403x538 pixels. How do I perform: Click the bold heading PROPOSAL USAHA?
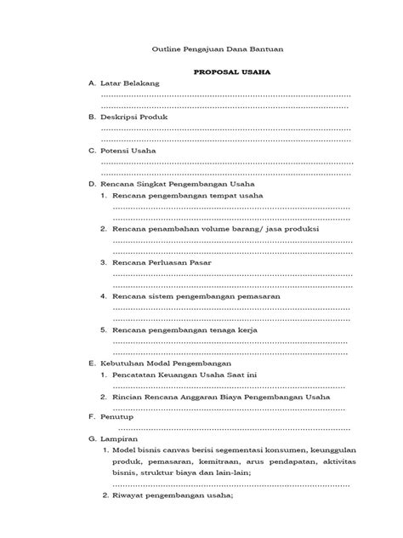230,74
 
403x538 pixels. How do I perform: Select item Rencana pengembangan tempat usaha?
187,196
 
